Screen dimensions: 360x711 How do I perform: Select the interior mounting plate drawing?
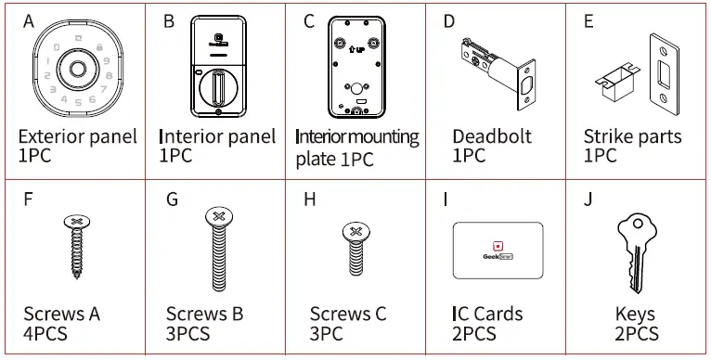tap(356, 71)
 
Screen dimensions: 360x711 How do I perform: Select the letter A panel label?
tap(28, 21)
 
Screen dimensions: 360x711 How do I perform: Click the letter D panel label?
tap(450, 21)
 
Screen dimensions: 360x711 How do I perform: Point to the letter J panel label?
tap(588, 199)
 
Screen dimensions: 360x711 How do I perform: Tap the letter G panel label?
tap(172, 199)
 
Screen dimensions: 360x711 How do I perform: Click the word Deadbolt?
tap(492, 137)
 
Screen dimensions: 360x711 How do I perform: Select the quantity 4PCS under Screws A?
tap(45, 334)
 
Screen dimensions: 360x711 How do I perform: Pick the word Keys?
tap(635, 315)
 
